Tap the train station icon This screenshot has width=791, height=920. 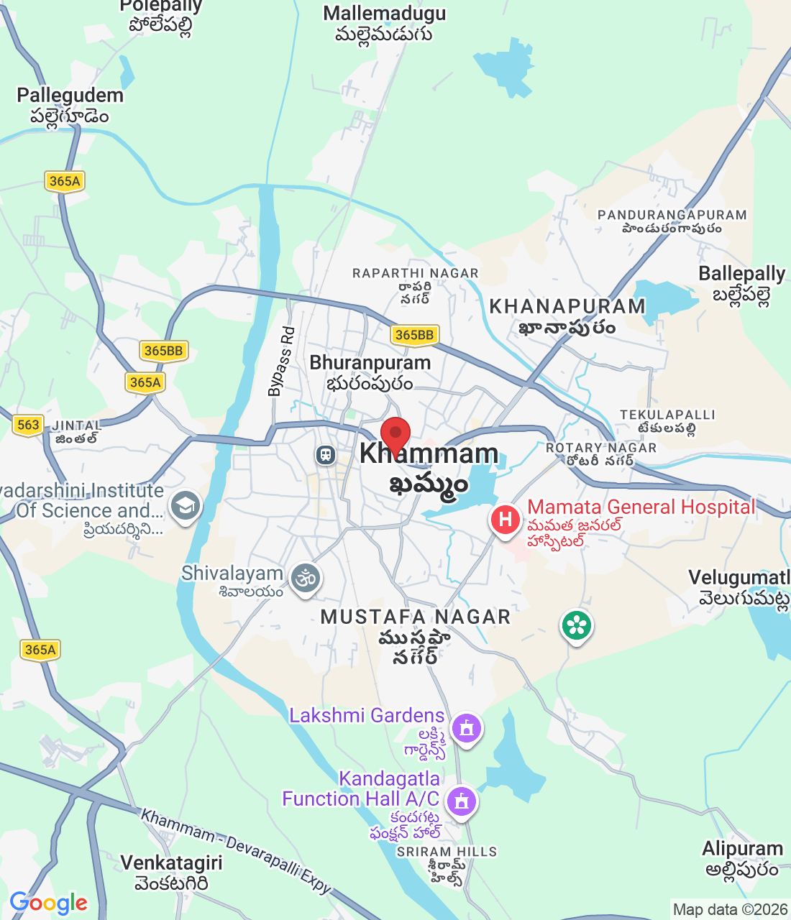(x=326, y=455)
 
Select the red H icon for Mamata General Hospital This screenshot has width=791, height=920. (x=505, y=519)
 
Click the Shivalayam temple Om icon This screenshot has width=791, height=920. (x=306, y=578)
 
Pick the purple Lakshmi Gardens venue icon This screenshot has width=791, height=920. (x=467, y=729)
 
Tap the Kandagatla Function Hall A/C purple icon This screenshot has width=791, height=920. (x=461, y=800)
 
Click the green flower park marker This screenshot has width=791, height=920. (x=576, y=625)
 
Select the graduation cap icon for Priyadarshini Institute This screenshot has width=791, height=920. (x=186, y=506)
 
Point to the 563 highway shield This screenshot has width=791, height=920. (x=28, y=425)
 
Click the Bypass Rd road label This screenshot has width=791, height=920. (x=281, y=362)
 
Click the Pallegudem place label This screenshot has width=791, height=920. (x=70, y=96)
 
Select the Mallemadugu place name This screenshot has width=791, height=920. (x=384, y=14)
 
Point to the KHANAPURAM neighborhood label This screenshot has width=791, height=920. (x=567, y=306)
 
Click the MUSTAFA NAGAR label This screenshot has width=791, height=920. (x=415, y=617)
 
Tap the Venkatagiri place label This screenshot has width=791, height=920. (x=171, y=862)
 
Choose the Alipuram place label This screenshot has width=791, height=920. (x=742, y=849)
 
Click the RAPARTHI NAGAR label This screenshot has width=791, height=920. (x=415, y=273)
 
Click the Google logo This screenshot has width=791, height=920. (x=48, y=903)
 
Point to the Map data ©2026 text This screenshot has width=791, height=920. (x=730, y=909)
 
